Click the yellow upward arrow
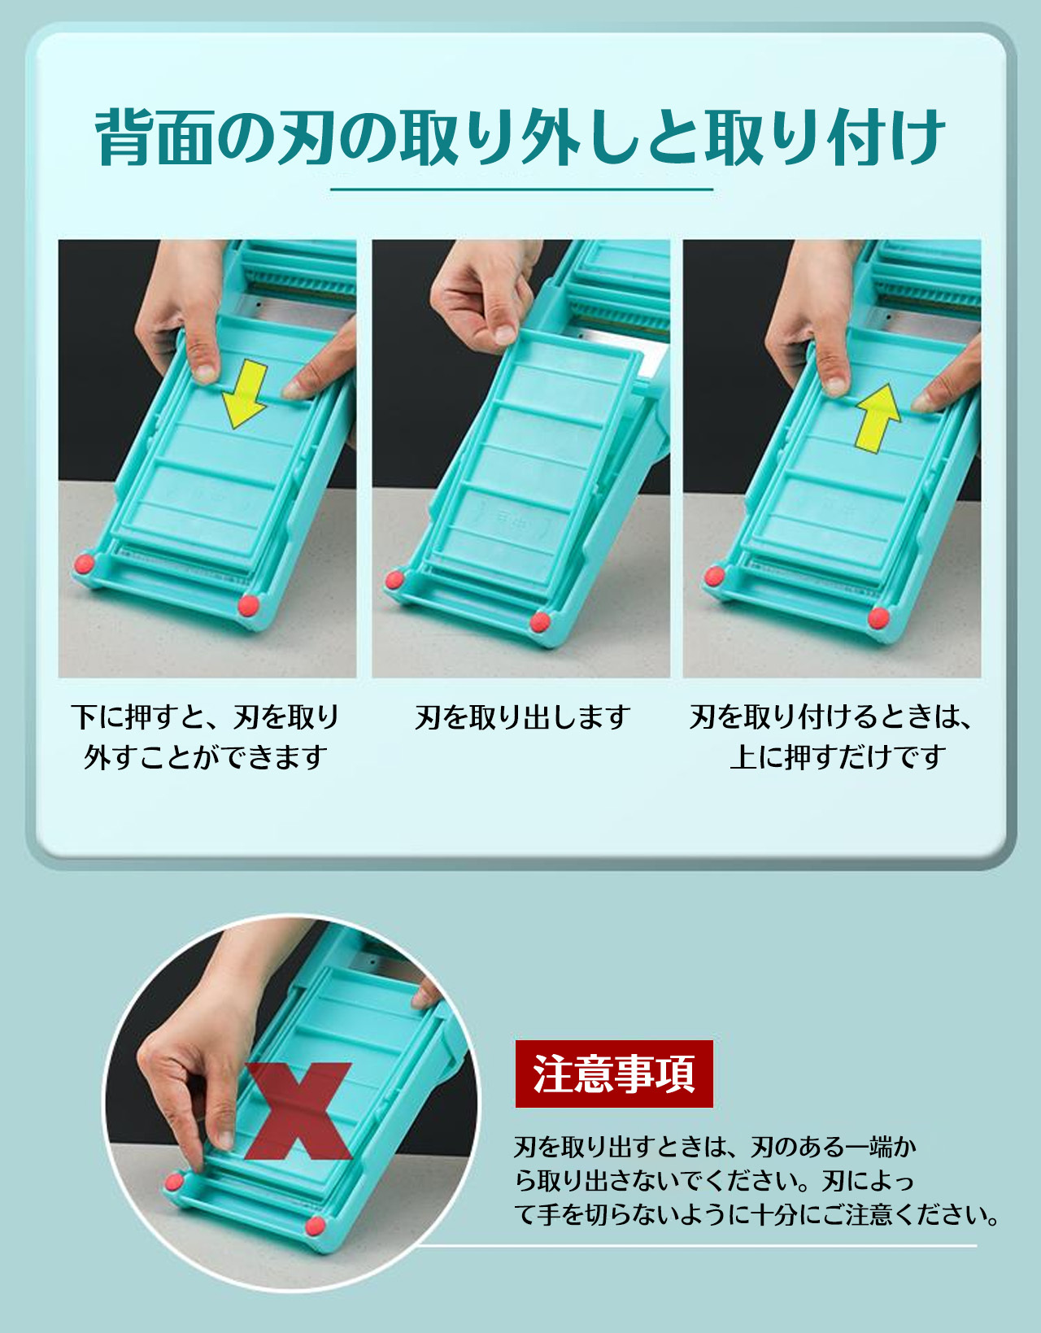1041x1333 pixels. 878,418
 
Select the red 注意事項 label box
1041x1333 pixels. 614,1074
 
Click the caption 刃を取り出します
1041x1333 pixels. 523,717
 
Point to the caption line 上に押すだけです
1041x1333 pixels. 838,756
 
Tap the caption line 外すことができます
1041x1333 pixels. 205,756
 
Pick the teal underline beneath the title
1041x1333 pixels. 521,189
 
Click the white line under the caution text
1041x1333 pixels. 696,1246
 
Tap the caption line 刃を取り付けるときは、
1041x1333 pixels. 831,717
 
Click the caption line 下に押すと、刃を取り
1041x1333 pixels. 205,717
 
